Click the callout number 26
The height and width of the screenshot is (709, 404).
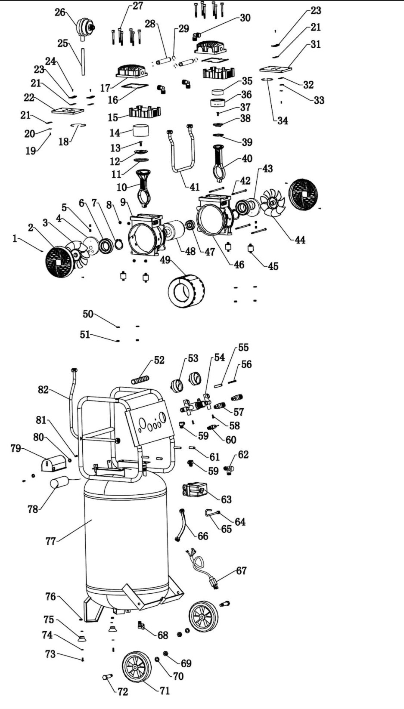[60, 12]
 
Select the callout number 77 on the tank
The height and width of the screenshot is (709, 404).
[50, 541]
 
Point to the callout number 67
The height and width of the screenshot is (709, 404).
[241, 570]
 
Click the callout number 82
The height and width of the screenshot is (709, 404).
[43, 389]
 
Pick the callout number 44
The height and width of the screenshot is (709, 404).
[300, 240]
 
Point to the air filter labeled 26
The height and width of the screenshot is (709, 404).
[84, 28]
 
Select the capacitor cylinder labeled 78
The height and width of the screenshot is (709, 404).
[60, 483]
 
